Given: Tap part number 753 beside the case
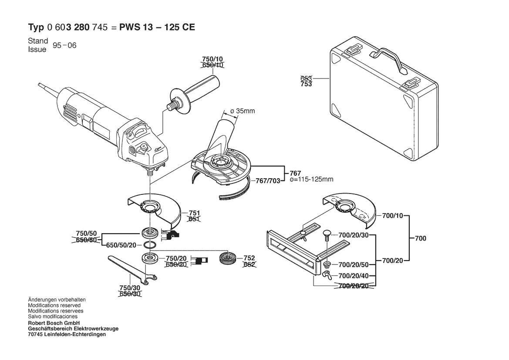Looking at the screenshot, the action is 306,85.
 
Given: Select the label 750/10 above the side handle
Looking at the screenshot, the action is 212,59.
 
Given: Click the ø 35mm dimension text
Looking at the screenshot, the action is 243,111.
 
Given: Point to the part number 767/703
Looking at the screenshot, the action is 268,181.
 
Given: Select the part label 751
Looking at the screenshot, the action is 194,213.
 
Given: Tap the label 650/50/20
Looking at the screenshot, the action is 121,245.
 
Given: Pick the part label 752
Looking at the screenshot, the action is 249,258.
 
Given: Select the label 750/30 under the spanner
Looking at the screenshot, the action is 130,288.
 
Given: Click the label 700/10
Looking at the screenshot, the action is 392,215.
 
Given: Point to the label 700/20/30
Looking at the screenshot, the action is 354,235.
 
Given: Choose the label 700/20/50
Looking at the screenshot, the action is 354,265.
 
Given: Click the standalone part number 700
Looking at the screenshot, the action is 420,238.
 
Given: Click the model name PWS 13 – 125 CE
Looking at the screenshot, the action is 157,27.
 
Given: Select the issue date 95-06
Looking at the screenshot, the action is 64,45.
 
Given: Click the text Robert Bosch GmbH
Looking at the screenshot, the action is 54,323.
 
